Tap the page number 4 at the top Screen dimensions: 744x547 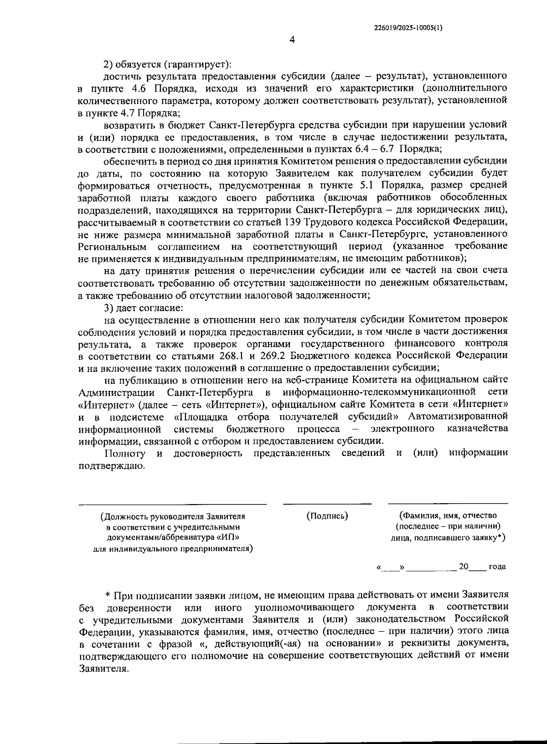click(292, 40)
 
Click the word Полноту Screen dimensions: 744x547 click(125, 453)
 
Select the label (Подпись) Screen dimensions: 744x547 click(327, 516)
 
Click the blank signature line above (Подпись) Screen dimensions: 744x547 click(327, 504)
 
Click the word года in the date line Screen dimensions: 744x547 click(497, 567)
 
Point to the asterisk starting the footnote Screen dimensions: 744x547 click(108, 595)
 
